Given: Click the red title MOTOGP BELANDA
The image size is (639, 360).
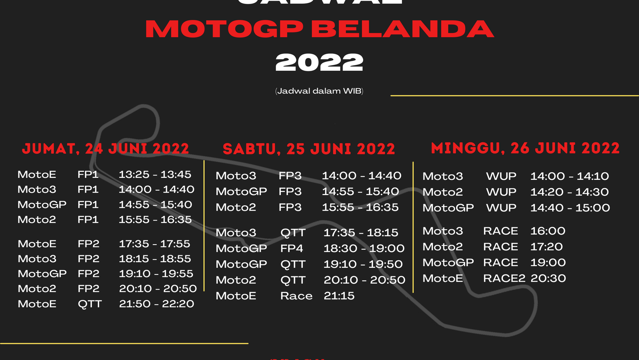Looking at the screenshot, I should pyautogui.click(x=319, y=29).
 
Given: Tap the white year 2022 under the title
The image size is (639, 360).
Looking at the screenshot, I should pyautogui.click(x=319, y=63).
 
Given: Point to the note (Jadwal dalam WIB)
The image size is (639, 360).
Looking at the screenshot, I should pyautogui.click(x=319, y=91).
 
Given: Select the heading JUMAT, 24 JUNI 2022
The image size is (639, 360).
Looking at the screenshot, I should pyautogui.click(x=105, y=149).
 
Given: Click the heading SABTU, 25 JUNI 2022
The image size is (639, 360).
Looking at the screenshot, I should pyautogui.click(x=309, y=149).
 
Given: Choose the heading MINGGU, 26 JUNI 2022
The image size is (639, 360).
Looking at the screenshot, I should pyautogui.click(x=525, y=148).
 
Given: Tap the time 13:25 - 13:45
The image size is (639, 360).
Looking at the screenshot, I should pyautogui.click(x=155, y=175).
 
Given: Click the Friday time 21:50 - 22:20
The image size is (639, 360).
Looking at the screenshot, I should pyautogui.click(x=157, y=304).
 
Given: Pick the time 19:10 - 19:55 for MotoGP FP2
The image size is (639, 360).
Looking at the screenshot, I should pyautogui.click(x=156, y=274).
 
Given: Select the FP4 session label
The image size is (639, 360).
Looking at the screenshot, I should pyautogui.click(x=292, y=249).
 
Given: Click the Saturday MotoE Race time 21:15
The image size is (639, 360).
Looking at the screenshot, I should pyautogui.click(x=339, y=296).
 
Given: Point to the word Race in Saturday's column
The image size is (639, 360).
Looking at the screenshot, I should pyautogui.click(x=296, y=296).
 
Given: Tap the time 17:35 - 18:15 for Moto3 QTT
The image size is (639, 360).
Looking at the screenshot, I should pyautogui.click(x=361, y=233).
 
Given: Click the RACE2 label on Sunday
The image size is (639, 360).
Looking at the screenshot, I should pyautogui.click(x=504, y=278).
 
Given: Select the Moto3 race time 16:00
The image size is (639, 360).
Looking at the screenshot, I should pyautogui.click(x=548, y=231).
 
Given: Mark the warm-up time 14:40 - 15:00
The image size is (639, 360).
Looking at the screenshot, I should pyautogui.click(x=570, y=208).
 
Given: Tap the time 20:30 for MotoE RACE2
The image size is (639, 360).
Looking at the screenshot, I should pyautogui.click(x=548, y=278).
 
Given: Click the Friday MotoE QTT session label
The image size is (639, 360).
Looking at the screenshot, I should pyautogui.click(x=90, y=304).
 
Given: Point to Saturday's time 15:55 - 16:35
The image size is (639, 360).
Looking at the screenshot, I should pyautogui.click(x=360, y=207).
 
